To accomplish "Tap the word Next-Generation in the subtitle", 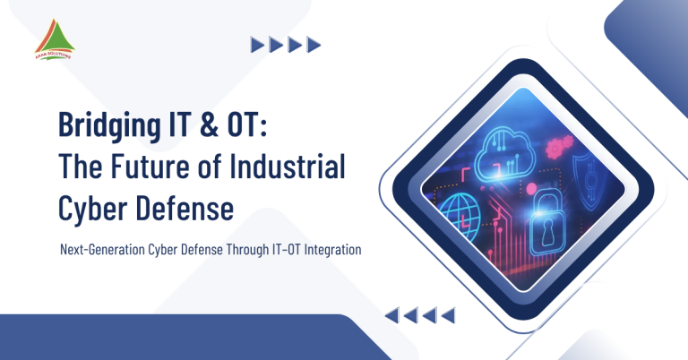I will (x=99, y=251).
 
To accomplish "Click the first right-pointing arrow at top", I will (x=257, y=44).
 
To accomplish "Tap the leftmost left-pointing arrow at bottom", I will (x=391, y=314).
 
